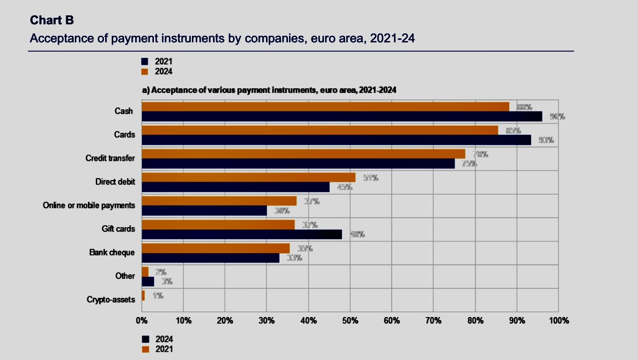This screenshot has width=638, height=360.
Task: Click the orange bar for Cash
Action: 326,107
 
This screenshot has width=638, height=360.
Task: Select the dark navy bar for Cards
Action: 336,140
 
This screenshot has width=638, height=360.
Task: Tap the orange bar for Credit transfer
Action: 303,154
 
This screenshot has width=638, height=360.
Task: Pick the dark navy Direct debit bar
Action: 235,187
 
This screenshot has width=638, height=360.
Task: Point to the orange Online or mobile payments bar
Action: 219,201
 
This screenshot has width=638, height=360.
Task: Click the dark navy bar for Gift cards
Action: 241,234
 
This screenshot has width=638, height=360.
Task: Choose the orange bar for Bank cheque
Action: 216,248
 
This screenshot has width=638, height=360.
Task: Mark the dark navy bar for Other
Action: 148,282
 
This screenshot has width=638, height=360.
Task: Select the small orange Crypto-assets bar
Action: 143,296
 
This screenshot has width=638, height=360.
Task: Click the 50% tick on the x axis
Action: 350,320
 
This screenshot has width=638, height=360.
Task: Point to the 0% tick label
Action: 142,320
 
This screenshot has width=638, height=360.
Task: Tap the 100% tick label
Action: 559,320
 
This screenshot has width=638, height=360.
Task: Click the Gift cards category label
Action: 118,229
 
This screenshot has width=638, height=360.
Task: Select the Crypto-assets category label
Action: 111,299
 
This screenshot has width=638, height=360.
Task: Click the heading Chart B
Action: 52,20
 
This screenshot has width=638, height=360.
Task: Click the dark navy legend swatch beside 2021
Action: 145,61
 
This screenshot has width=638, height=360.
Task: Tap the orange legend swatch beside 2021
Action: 145,349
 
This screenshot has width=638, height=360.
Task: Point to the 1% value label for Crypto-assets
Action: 158,296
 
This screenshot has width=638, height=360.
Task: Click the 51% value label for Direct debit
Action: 371,178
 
